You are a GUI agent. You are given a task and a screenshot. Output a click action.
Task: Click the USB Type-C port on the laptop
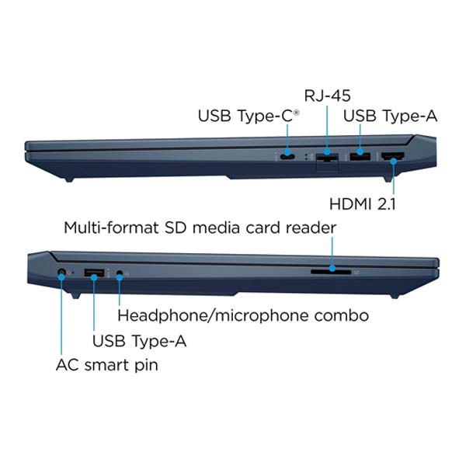pos(287,156)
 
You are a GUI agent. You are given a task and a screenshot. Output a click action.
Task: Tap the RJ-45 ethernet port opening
pos(327,157)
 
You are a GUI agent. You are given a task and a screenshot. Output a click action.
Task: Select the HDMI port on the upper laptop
pos(392,156)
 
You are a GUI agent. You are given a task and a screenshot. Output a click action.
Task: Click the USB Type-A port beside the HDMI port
pos(360,156)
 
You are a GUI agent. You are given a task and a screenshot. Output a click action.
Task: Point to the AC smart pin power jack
pos(61,273)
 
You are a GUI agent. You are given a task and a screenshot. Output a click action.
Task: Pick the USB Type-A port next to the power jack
pos(94,273)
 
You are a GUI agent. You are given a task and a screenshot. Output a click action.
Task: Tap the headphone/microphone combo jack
pos(120,273)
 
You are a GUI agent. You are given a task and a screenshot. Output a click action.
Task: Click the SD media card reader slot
pos(331,272)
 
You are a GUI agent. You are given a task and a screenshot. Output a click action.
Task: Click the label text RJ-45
pos(327,96)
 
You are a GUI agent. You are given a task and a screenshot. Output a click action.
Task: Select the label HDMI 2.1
pos(363,204)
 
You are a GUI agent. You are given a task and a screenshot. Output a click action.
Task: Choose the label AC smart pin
pos(107,365)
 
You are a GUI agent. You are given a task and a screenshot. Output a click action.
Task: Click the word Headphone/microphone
pos(214,315)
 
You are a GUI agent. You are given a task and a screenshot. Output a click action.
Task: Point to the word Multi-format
pos(111,228)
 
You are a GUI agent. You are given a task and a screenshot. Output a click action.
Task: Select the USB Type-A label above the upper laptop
pos(390,116)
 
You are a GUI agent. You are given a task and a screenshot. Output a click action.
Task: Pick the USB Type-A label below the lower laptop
pos(139,341)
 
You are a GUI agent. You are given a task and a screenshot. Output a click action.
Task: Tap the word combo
pos(342,315)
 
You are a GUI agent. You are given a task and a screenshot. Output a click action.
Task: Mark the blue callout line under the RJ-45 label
pos(327,129)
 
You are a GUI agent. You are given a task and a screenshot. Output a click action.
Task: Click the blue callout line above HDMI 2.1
pos(394,178)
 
